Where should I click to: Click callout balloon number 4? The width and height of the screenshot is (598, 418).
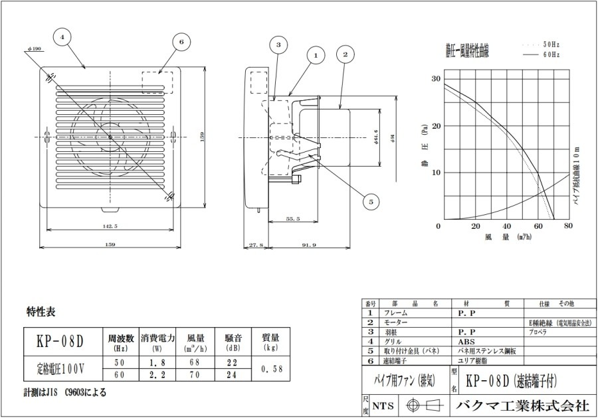pyautogui.click(x=62, y=38)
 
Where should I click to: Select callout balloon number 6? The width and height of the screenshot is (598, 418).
pyautogui.click(x=180, y=42)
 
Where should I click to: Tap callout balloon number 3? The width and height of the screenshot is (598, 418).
pyautogui.click(x=279, y=45)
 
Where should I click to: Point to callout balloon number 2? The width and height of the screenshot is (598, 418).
pyautogui.click(x=346, y=54)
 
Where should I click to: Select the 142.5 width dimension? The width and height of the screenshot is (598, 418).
pyautogui.click(x=110, y=226)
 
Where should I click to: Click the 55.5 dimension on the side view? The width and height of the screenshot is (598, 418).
pyautogui.click(x=293, y=219)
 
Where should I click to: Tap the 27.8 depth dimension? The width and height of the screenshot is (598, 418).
pyautogui.click(x=256, y=245)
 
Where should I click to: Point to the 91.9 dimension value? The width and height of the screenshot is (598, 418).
pyautogui.click(x=308, y=245)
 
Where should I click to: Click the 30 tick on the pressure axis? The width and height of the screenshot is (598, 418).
pyautogui.click(x=436, y=79)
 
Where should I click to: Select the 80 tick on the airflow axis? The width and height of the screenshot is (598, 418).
pyautogui.click(x=568, y=226)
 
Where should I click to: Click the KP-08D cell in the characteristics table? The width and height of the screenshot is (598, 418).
pyautogui.click(x=61, y=341)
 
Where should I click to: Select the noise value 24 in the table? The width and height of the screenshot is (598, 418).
pyautogui.click(x=232, y=375)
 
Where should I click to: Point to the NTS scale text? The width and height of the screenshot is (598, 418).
pyautogui.click(x=381, y=405)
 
